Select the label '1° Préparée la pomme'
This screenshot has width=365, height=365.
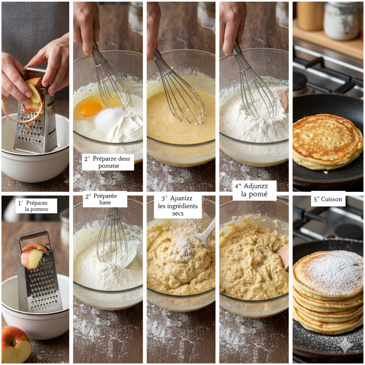(x=36, y=206)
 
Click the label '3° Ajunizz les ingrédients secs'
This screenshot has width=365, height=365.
(x=178, y=206)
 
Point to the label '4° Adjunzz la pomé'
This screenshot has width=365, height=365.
(x=255, y=190)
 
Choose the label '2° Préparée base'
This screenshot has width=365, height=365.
(x=105, y=199)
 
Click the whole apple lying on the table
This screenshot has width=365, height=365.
(x=16, y=344)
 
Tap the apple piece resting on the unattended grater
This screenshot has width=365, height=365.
(x=32, y=256)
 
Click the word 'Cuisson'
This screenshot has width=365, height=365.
(x=333, y=199)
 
